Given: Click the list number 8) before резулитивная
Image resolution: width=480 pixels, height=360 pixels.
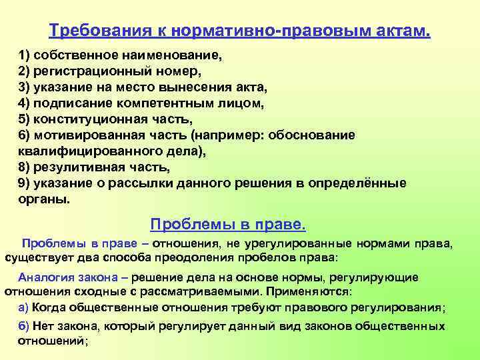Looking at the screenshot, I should pos(25,167).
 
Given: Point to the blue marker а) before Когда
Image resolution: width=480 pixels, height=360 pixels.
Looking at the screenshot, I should pos(23,307).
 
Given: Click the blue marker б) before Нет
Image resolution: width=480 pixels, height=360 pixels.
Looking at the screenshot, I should pos(23,327).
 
